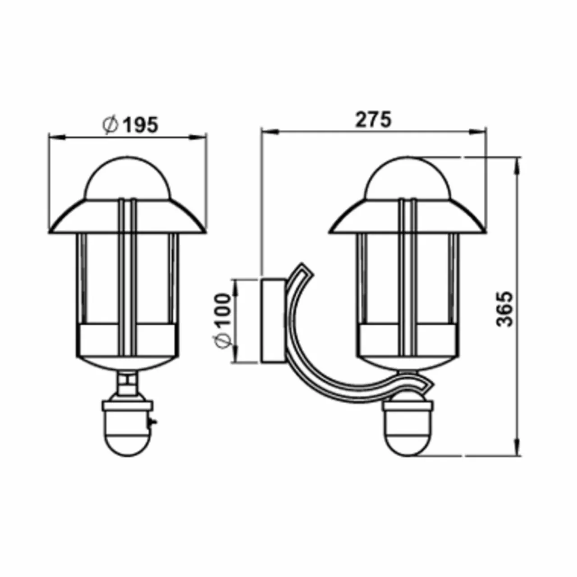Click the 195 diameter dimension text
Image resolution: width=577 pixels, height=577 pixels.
(130, 124)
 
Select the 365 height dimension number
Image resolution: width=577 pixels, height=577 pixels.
(505, 309)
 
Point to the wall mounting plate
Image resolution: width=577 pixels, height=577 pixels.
(273, 321)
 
